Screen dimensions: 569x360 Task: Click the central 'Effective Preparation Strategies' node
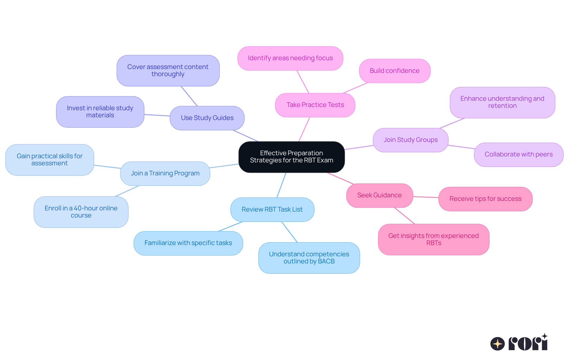(x=291, y=157)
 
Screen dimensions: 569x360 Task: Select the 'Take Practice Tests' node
(x=315, y=105)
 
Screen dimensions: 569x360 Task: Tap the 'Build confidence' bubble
(x=394, y=71)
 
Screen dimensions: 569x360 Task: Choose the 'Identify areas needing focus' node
(x=290, y=58)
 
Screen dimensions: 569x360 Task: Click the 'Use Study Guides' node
(x=207, y=118)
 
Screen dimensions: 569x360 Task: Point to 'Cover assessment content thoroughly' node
(x=168, y=71)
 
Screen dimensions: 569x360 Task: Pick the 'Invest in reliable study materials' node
(x=100, y=112)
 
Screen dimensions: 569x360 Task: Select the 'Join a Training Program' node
(x=165, y=173)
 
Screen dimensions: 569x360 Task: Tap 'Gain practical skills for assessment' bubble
(x=49, y=160)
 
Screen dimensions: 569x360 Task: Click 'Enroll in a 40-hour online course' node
(x=81, y=212)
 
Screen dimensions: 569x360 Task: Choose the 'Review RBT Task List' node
(x=272, y=209)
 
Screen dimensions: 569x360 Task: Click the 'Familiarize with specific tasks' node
(x=188, y=243)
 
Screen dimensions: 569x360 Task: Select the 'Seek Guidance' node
(x=379, y=195)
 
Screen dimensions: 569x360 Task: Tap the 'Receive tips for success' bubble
(x=485, y=199)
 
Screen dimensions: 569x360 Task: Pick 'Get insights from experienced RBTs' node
(x=433, y=239)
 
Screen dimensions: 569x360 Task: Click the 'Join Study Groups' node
(x=410, y=140)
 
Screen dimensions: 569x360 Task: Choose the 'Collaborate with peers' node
(x=518, y=154)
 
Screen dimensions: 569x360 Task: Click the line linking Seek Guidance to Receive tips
(x=426, y=197)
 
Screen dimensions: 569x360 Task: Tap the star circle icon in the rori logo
(x=497, y=344)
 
